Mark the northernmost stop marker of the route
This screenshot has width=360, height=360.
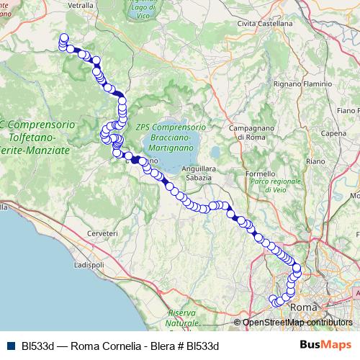(x=64, y=38)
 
